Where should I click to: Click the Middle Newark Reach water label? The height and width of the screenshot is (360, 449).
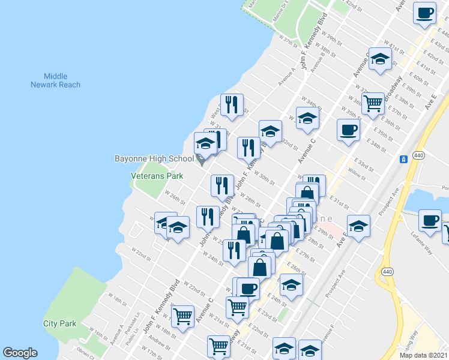click(56, 80)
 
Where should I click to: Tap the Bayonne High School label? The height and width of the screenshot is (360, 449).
click(154, 159)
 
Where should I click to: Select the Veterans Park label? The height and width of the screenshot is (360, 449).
click(157, 176)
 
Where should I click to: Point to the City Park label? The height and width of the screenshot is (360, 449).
click(59, 323)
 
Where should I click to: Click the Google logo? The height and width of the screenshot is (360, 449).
click(20, 353)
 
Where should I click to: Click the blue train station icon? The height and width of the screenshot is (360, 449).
click(404, 159)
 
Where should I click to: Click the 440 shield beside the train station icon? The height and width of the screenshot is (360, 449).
click(419, 154)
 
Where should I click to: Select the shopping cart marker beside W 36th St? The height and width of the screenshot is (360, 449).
click(373, 103)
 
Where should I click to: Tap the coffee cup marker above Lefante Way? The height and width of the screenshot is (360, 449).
click(430, 220)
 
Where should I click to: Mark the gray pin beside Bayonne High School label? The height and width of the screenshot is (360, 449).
click(202, 160)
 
